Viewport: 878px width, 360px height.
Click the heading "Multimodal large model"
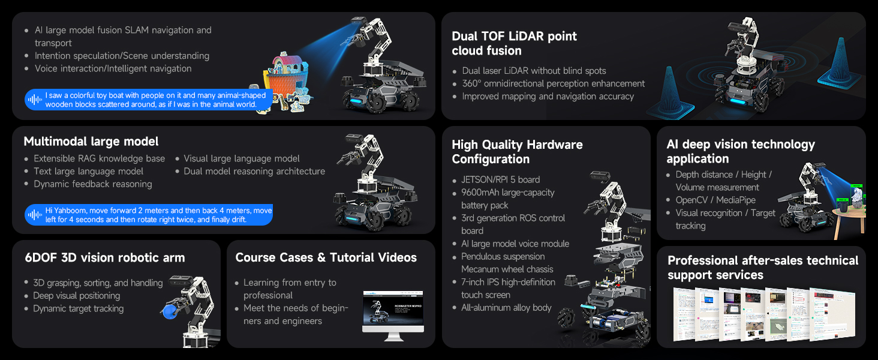(91, 142)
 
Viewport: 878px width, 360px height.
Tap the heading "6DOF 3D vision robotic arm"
(105, 258)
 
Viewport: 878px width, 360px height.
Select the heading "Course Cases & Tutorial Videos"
(326, 258)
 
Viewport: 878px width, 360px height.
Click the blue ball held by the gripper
(167, 308)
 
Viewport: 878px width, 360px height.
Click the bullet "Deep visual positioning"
(77, 296)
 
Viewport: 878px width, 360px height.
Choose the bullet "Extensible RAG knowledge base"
(99, 158)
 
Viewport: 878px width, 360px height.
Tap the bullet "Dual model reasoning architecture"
(254, 172)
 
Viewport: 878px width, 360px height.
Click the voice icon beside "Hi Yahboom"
(35, 215)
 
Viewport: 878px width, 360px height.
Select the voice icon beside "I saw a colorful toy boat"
(35, 100)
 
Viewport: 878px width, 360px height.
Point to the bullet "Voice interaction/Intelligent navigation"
(113, 68)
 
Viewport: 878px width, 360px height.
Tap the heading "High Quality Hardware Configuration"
(517, 152)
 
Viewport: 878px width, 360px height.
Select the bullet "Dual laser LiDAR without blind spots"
(534, 71)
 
